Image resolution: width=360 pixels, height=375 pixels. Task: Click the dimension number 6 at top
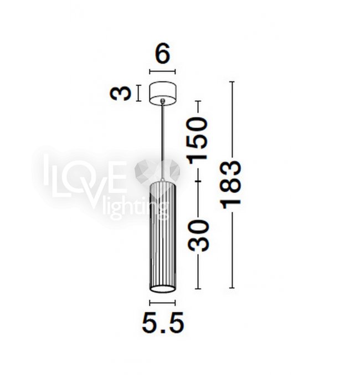tap(163, 54)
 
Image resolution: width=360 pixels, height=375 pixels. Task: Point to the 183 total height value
tap(232, 184)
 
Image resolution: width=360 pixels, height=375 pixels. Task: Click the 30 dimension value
tap(198, 236)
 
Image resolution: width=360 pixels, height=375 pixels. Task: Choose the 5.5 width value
tap(163, 323)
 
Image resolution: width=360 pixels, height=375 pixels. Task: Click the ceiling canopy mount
tap(163, 94)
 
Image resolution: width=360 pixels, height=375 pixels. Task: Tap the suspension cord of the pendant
tap(163, 141)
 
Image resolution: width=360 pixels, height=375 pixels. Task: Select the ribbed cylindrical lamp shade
tap(162, 237)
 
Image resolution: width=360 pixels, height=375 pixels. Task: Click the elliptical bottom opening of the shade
tap(162, 289)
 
